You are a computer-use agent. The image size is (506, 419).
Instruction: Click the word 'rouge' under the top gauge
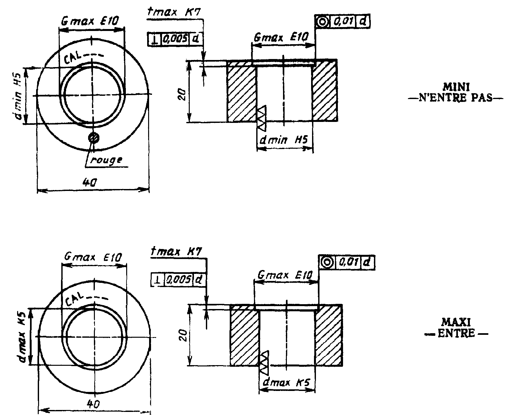tap(106, 160)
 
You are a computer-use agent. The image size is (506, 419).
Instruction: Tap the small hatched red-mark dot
tap(94, 138)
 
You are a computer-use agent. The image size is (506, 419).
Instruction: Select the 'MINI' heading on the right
tap(456, 87)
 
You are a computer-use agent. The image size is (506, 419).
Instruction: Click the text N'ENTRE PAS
tap(456, 98)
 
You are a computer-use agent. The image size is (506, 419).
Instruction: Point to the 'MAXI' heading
tap(456, 322)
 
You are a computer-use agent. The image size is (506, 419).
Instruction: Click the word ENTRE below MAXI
tap(456, 334)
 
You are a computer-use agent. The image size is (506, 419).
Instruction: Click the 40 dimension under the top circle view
tap(89, 182)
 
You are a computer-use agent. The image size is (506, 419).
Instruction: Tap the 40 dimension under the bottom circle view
tap(93, 404)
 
